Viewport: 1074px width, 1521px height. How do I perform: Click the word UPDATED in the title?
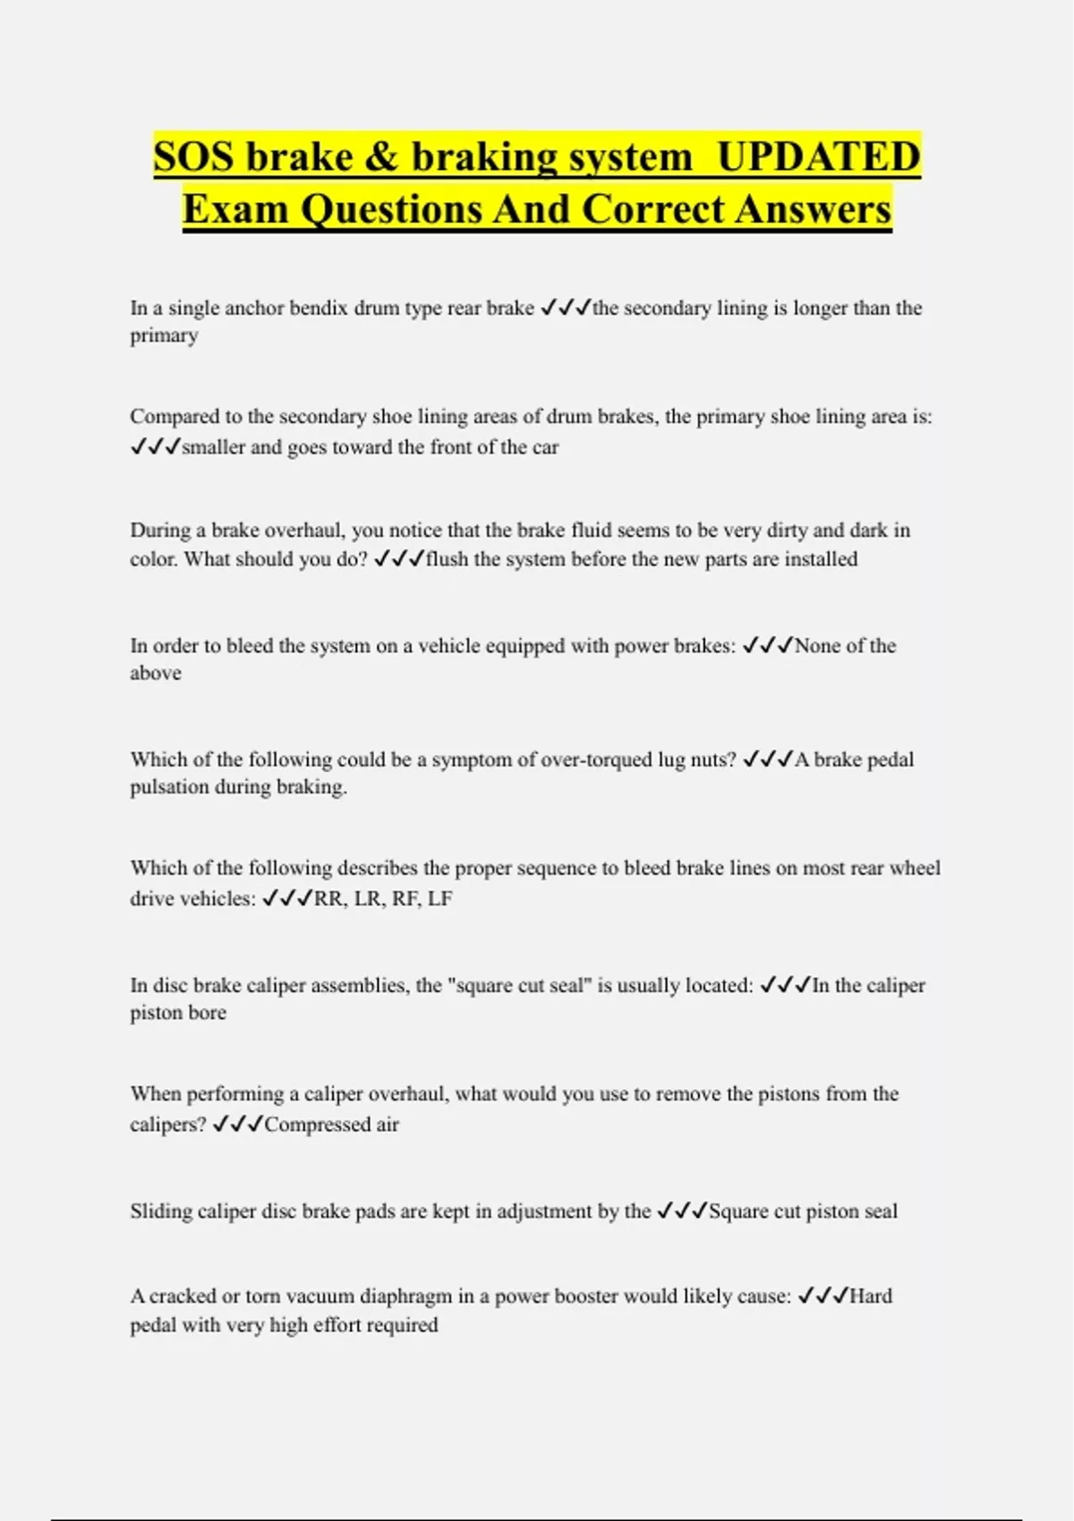coord(818,157)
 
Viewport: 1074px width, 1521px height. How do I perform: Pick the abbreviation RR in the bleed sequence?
coord(328,898)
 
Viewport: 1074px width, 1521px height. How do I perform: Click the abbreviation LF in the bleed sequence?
coord(439,898)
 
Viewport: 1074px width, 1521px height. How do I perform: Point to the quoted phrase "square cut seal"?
coord(519,985)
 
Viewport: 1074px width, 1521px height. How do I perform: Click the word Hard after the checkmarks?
coord(871,1296)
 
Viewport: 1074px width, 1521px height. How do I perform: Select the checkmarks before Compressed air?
coord(237,1125)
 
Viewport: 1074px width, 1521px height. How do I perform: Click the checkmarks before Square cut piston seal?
coord(682,1211)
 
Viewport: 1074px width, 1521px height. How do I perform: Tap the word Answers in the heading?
coord(814,209)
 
